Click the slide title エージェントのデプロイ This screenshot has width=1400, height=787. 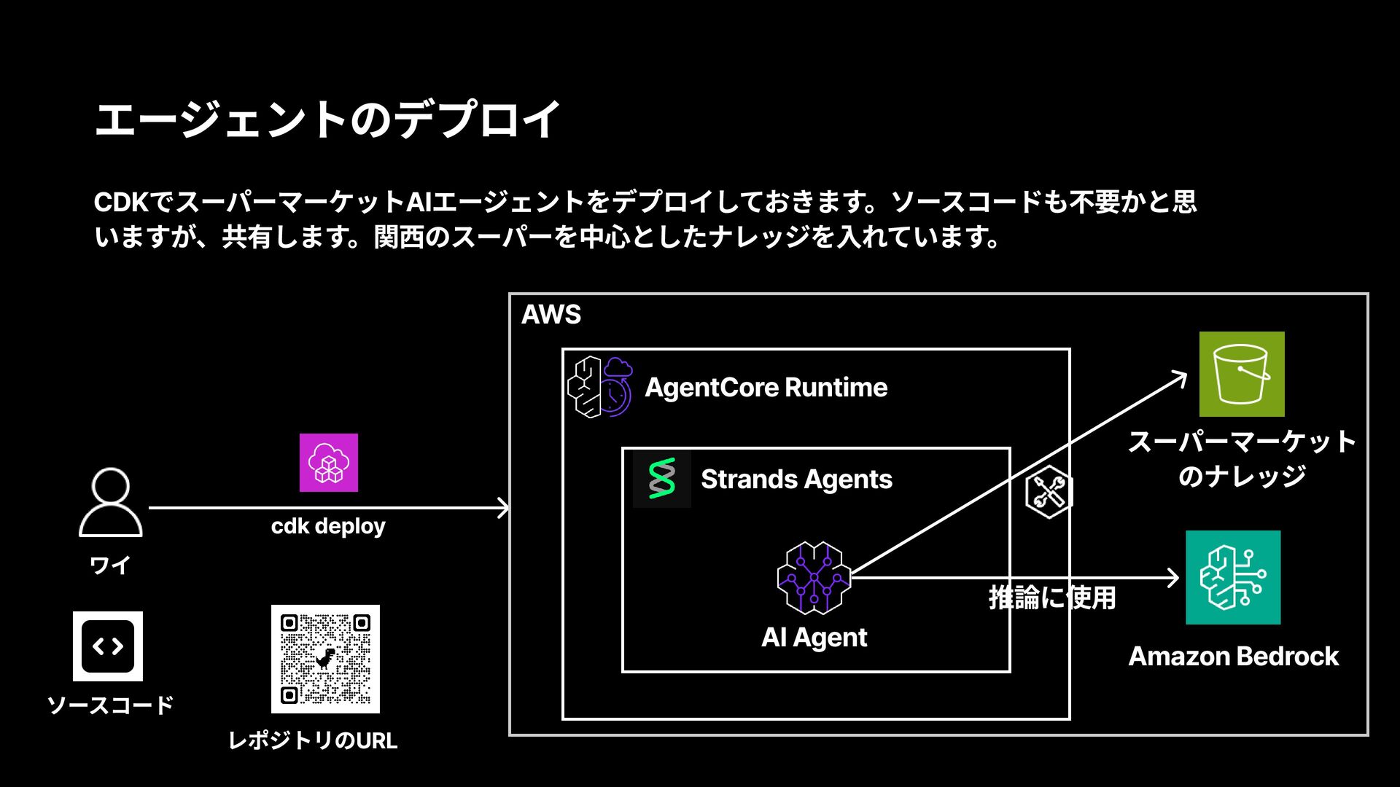coord(327,120)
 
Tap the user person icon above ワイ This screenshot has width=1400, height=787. coord(111,502)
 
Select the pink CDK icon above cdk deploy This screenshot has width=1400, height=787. coord(329,463)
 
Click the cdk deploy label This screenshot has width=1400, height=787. coord(328,526)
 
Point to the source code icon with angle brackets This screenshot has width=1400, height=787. coord(108,646)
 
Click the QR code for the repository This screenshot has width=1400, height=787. coord(325,659)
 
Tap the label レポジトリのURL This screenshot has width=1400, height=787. coord(313,740)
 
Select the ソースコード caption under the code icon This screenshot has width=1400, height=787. coord(110,705)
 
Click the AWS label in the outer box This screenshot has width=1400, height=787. coord(551,315)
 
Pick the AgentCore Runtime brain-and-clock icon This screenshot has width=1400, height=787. coord(600,387)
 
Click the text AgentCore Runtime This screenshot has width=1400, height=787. coord(766,388)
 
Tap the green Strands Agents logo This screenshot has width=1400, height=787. coord(662,479)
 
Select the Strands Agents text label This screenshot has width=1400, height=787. coord(796,479)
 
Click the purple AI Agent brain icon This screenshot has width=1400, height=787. coord(814,578)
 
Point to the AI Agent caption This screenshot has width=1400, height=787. coord(814,638)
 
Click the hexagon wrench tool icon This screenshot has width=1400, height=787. coord(1048,493)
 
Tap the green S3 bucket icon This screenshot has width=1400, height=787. coord(1242,374)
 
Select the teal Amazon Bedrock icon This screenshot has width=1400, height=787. coord(1233,577)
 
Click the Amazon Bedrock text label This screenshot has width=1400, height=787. coord(1233,657)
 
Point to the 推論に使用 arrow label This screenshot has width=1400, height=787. coord(1052,598)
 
